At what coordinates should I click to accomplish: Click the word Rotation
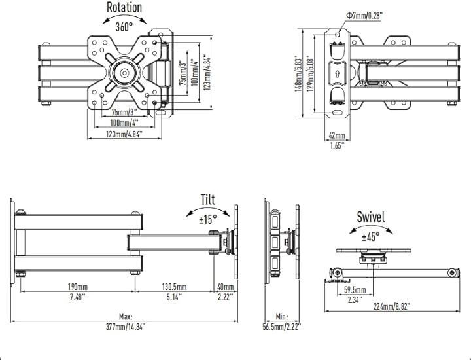point(124,8)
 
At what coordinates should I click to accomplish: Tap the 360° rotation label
point(124,27)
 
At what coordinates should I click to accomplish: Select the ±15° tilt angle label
point(209,220)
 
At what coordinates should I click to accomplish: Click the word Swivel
point(370,217)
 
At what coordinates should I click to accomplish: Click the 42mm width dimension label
point(336,135)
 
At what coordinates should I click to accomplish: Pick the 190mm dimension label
point(78,287)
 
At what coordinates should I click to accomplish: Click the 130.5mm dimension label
point(174,287)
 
